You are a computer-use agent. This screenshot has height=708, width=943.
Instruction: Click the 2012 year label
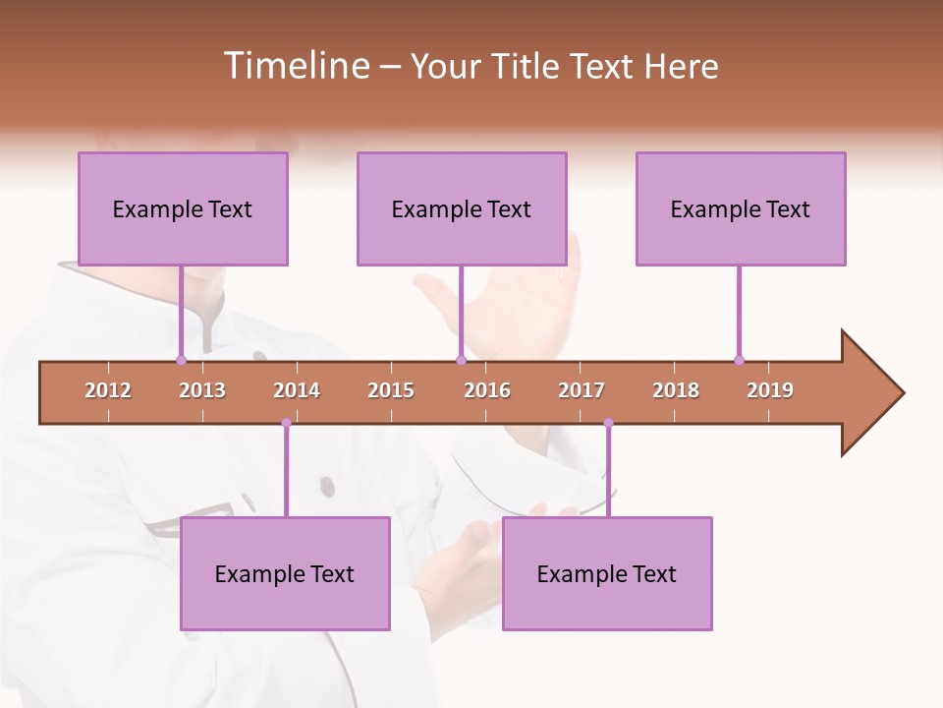tap(108, 390)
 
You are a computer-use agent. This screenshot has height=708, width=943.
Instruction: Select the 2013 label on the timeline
tap(202, 390)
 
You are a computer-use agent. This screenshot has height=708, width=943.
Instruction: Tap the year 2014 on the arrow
tap(297, 390)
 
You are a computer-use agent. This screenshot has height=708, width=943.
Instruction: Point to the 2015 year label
tap(391, 390)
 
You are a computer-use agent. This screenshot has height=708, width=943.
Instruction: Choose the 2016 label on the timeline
tap(487, 390)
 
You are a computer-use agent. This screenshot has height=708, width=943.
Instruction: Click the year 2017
tap(582, 390)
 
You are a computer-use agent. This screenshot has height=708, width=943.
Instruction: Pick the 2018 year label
tap(676, 390)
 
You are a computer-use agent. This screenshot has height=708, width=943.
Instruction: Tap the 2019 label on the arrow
tap(770, 390)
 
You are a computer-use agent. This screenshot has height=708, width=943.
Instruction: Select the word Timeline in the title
tap(296, 66)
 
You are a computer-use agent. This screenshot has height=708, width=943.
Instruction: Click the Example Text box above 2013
tap(183, 208)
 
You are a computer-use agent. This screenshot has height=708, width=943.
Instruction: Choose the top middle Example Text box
tap(462, 208)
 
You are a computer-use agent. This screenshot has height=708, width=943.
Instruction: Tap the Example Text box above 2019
tap(741, 208)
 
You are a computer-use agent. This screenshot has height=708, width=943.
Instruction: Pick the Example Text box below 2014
tap(285, 573)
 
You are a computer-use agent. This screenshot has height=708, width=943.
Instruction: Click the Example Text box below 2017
tap(607, 573)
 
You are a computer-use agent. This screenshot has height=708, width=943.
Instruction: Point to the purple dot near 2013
tap(181, 360)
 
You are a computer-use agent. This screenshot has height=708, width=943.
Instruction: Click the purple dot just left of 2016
tap(461, 360)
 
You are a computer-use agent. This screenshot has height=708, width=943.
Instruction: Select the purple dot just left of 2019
tap(739, 360)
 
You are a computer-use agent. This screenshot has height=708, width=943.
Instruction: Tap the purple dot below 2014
tap(286, 423)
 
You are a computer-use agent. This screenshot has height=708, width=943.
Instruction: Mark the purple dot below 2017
tap(608, 423)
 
